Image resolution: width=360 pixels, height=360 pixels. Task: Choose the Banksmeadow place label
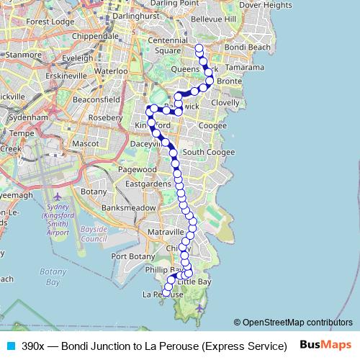[129, 207]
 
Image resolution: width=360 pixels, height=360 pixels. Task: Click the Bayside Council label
[94, 234]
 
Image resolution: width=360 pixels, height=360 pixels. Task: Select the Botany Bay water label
[53, 276]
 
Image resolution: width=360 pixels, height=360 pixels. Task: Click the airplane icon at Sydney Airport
[57, 197]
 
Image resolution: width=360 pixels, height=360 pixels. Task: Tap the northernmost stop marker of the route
[199, 48]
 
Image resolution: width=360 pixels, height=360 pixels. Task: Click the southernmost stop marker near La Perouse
[167, 292]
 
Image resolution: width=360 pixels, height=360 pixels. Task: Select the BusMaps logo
[325, 345]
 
